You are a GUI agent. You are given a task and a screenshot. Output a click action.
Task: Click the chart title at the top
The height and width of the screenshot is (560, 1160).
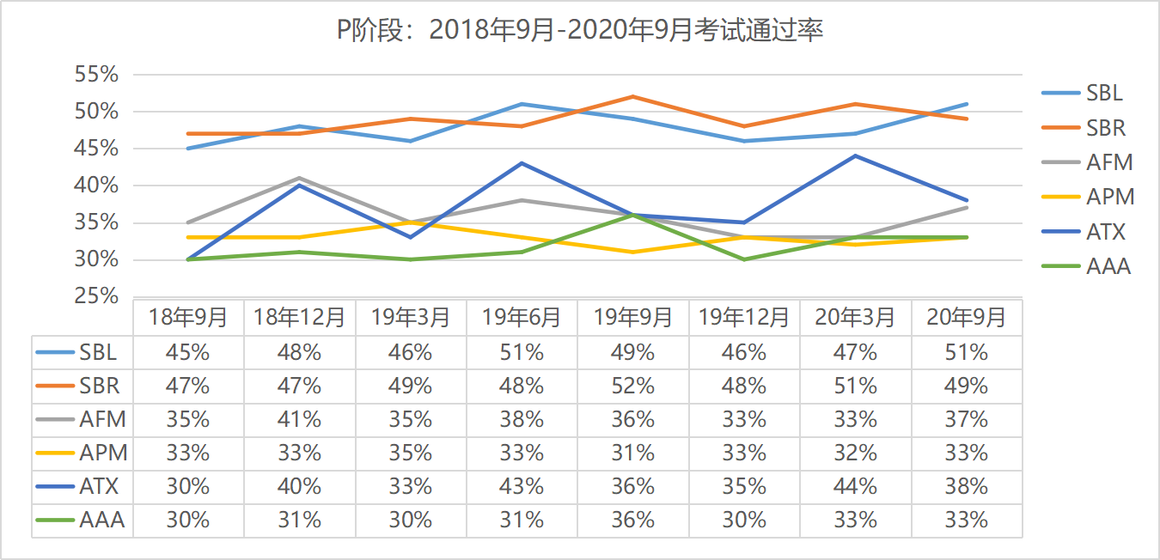(580, 31)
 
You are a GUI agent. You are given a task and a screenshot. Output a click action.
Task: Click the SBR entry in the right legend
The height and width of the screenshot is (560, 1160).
(1105, 128)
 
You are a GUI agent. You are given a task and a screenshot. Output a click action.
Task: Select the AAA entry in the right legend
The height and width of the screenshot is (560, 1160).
(1108, 266)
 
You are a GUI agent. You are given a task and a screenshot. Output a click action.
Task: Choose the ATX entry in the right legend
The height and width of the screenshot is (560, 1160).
(1105, 232)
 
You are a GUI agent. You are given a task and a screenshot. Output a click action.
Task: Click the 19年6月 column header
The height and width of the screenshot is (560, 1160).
(522, 318)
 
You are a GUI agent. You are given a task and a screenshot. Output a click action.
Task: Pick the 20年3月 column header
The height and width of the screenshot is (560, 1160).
(855, 318)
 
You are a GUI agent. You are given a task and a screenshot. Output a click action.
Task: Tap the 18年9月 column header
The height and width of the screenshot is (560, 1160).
(188, 318)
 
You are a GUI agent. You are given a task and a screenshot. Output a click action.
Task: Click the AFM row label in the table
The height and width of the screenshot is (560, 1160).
(102, 419)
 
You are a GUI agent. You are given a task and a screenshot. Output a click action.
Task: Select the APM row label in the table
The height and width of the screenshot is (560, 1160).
(102, 453)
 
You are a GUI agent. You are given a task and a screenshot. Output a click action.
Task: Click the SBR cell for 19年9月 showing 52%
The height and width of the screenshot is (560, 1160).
(633, 386)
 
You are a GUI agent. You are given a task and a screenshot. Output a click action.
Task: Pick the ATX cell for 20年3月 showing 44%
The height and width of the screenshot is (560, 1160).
(855, 486)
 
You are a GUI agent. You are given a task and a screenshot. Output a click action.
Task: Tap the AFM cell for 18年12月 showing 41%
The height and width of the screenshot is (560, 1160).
(299, 419)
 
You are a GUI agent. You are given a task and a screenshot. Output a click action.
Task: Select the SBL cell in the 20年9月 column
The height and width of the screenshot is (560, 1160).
(967, 352)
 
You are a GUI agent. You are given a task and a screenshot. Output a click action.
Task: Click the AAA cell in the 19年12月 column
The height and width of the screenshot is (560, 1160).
(744, 520)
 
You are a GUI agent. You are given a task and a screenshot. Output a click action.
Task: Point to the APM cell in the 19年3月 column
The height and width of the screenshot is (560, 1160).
(411, 453)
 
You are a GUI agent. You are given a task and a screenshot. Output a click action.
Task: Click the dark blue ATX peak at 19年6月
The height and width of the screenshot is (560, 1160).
(522, 163)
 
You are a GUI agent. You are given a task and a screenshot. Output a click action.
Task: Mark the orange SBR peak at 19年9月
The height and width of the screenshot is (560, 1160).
(633, 96)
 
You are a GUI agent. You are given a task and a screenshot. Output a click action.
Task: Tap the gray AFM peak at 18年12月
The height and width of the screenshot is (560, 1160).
(299, 178)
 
